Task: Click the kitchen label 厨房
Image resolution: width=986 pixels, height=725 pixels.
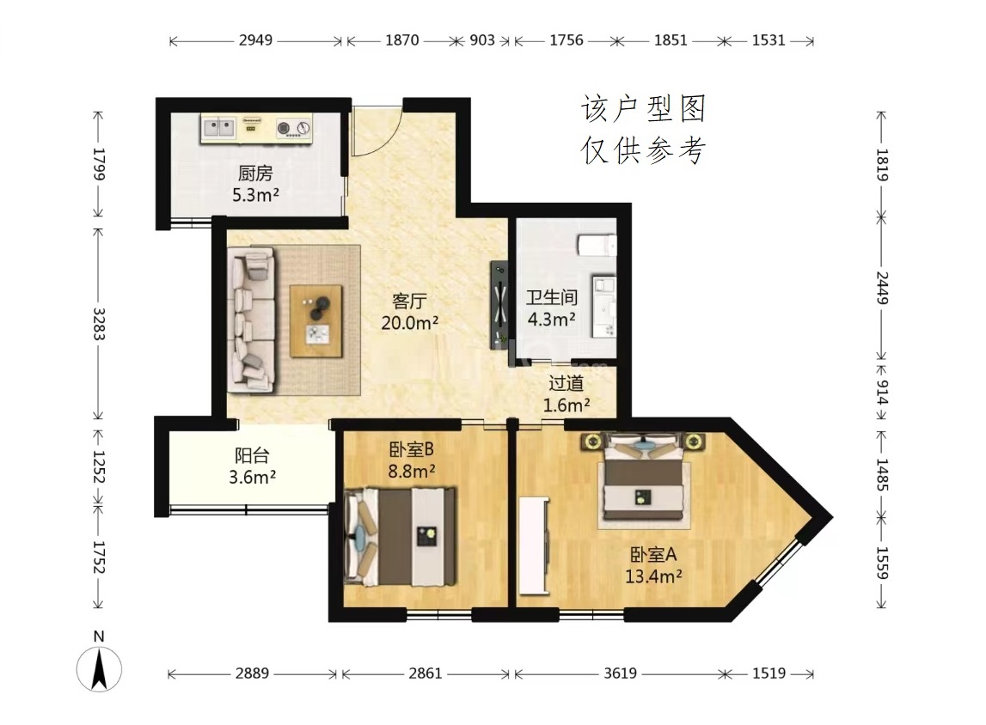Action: point(255,173)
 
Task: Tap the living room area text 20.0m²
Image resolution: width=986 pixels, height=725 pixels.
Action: point(409,323)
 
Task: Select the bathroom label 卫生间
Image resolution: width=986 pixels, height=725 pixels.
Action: point(552,297)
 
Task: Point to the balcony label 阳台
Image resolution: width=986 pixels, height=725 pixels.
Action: point(252,455)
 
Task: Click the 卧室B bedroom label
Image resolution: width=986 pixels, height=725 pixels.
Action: point(411,449)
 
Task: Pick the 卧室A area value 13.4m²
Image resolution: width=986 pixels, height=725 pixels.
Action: point(653,576)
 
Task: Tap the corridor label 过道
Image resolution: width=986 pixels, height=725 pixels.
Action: point(566,383)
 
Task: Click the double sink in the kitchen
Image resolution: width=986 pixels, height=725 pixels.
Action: point(218,128)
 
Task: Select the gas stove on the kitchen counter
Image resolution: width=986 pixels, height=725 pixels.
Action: point(294,128)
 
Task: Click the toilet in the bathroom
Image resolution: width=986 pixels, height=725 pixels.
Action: point(597,245)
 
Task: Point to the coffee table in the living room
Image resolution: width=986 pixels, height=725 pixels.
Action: point(316,321)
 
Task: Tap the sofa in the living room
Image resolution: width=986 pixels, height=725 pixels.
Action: point(252,320)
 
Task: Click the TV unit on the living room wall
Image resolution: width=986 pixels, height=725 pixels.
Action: point(499,305)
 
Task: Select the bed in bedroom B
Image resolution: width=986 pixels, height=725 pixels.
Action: point(401,537)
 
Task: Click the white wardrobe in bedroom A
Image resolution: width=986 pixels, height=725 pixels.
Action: point(535,545)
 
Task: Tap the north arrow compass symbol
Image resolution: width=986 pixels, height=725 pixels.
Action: point(100,669)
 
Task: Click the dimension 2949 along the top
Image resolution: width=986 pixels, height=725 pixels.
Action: point(256,40)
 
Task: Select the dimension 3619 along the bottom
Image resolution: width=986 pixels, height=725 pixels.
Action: point(620,673)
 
